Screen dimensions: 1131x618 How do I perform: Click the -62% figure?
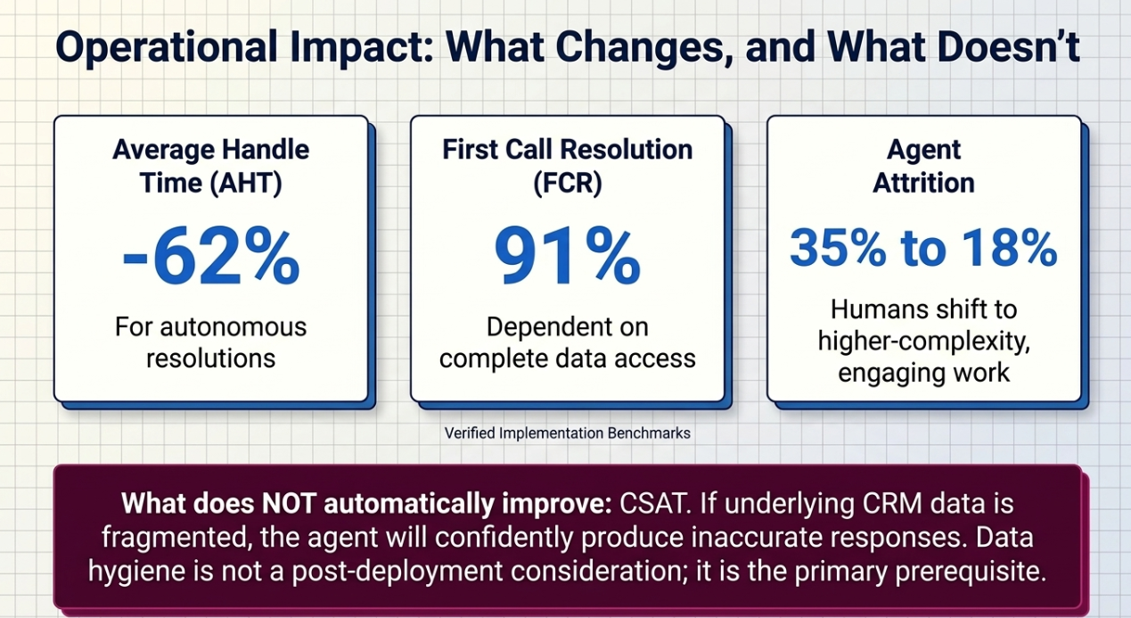[211, 257]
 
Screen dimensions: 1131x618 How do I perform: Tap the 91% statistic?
[568, 257]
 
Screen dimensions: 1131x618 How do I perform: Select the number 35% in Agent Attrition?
[838, 248]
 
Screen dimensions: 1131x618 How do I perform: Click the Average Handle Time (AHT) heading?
[211, 166]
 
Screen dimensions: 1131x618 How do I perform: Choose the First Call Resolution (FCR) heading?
[568, 166]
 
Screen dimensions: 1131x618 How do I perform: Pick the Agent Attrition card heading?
[923, 166]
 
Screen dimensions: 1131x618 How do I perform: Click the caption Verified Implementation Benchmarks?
[568, 433]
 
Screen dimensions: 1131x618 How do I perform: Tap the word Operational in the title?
[167, 47]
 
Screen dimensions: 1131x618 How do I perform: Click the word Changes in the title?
[640, 48]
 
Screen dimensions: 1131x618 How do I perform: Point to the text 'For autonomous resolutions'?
[211, 342]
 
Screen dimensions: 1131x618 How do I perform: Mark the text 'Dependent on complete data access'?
[568, 342]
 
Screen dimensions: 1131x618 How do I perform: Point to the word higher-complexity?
[923, 342]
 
